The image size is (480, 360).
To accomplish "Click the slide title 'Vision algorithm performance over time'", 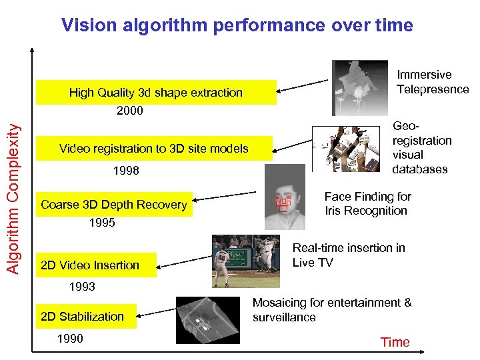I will [x=237, y=25].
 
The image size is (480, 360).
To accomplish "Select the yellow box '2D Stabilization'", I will [x=83, y=316].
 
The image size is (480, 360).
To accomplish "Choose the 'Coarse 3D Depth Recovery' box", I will [x=114, y=205].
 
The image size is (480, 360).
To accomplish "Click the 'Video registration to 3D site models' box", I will [x=154, y=149].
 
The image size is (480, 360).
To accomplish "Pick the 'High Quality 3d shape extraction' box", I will [x=156, y=93].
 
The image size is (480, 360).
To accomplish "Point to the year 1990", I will [x=70, y=339].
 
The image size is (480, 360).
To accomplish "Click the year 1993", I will [x=82, y=287].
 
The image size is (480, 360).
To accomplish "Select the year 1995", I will [x=102, y=223].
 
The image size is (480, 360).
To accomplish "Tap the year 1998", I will [x=126, y=171].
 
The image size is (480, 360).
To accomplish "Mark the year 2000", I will [x=130, y=111].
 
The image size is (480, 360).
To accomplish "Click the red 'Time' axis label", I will [x=395, y=342].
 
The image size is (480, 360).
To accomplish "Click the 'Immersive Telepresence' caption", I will [x=432, y=82].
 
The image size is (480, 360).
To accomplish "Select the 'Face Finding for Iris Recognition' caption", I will [x=367, y=203].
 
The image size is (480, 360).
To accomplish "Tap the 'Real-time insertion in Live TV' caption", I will [x=349, y=255].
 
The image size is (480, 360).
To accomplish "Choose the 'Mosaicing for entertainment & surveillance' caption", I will [x=331, y=309].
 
